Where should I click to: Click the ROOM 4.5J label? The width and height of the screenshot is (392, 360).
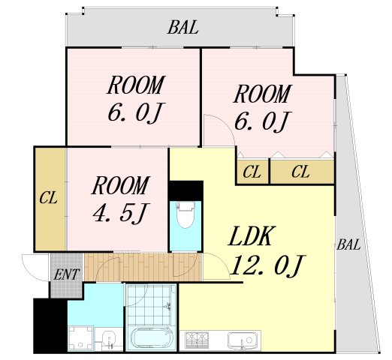pyautogui.click(x=121, y=199)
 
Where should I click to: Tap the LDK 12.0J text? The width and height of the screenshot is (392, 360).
pyautogui.click(x=267, y=250)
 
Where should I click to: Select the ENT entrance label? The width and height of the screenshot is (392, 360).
pyautogui.click(x=67, y=274)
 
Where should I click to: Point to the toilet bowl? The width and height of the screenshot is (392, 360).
pyautogui.click(x=185, y=215)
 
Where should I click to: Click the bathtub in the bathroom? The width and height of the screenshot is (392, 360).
pyautogui.click(x=151, y=338)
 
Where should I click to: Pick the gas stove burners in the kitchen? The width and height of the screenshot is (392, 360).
pyautogui.click(x=197, y=340)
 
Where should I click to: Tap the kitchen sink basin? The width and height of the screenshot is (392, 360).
pyautogui.click(x=241, y=340)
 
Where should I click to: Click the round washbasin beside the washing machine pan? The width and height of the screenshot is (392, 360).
pyautogui.click(x=109, y=338)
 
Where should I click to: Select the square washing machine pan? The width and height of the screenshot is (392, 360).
pyautogui.click(x=80, y=338)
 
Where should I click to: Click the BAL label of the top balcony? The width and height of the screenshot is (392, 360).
pyautogui.click(x=183, y=27)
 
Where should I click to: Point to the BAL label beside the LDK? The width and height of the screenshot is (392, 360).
pyautogui.click(x=348, y=244)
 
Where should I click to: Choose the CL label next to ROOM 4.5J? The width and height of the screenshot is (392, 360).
pyautogui.click(x=48, y=197)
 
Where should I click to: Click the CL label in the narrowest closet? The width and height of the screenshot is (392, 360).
pyautogui.click(x=252, y=172)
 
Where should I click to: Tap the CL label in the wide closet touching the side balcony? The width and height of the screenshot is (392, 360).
pyautogui.click(x=300, y=172)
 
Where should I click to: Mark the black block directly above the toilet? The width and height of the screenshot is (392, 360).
pyautogui.click(x=185, y=190)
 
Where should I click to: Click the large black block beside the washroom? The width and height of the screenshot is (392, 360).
pyautogui.click(x=50, y=325)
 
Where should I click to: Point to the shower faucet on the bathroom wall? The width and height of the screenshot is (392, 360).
pyautogui.click(x=169, y=306)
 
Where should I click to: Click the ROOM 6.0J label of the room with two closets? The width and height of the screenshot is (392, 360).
pyautogui.click(x=262, y=108)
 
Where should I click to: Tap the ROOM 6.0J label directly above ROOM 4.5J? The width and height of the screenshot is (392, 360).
pyautogui.click(x=136, y=99)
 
